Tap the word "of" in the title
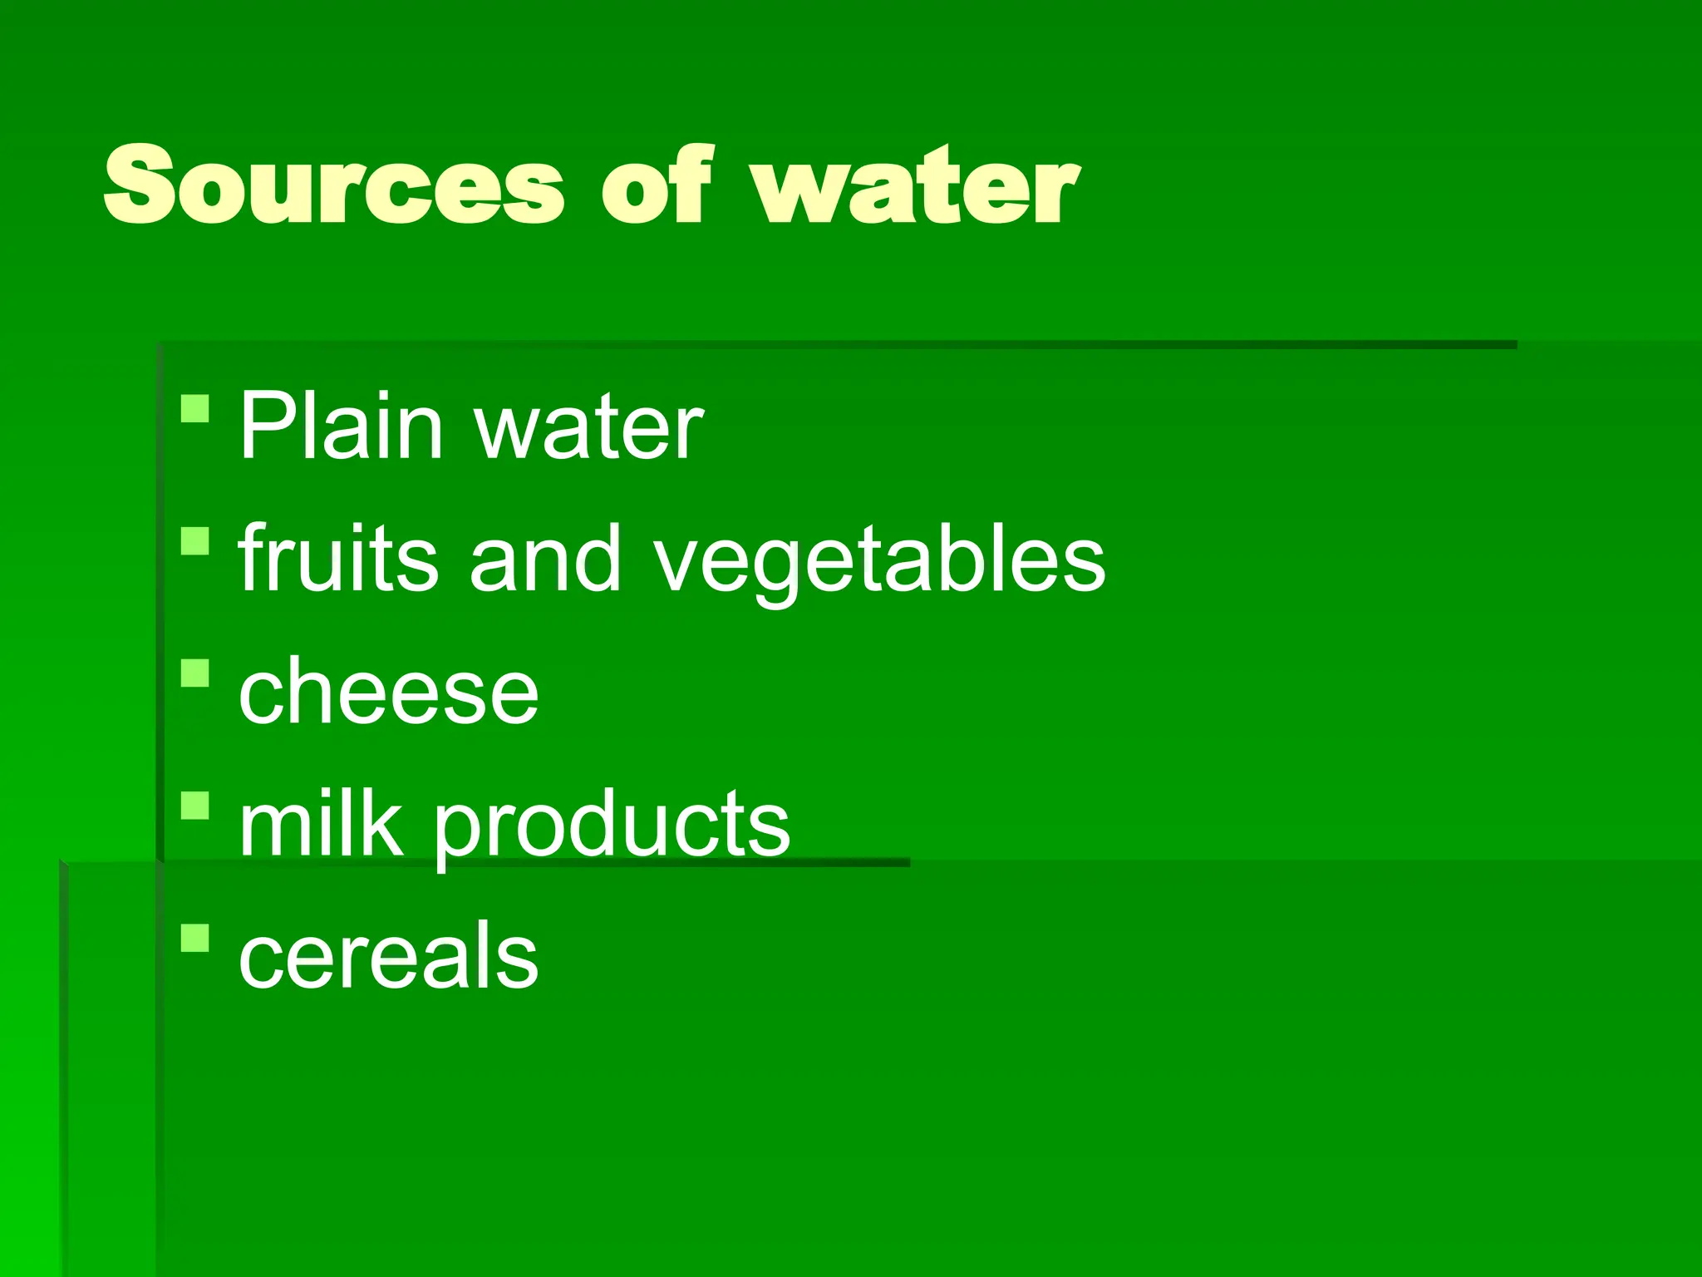657,185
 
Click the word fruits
337,558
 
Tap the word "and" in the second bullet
545,558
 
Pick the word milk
320,822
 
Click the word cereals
388,956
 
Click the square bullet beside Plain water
194,409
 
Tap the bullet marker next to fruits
194,540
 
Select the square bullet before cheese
194,673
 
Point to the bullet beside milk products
194,805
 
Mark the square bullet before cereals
194,937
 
